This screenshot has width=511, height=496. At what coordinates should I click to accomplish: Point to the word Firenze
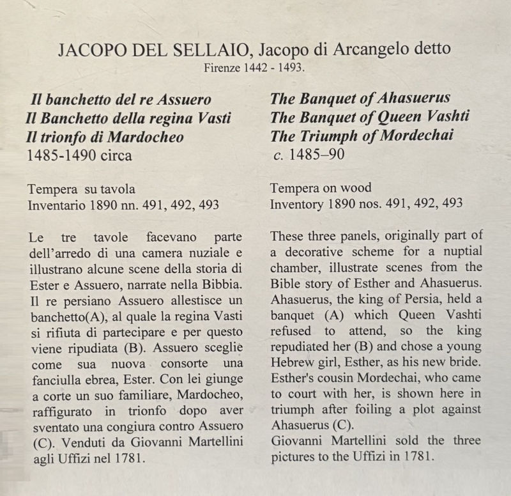coord(222,67)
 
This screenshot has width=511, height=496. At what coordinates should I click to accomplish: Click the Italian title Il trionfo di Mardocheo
coord(105,136)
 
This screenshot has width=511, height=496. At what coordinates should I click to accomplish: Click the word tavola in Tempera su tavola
coord(119,189)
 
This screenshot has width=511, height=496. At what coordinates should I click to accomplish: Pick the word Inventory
coord(298,205)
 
